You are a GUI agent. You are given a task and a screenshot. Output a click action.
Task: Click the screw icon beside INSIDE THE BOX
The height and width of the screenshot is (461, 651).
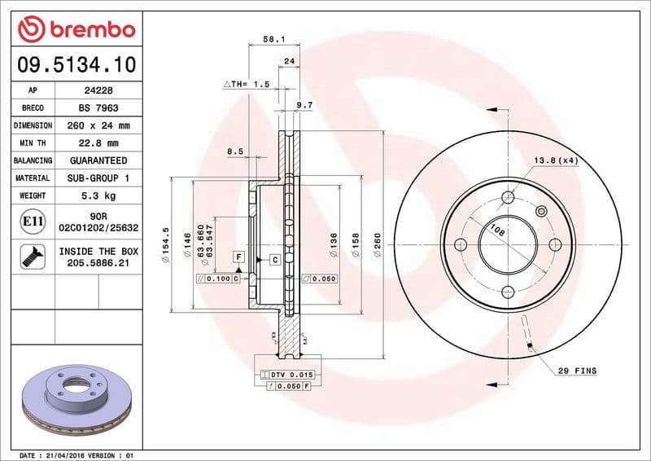coord(32,257)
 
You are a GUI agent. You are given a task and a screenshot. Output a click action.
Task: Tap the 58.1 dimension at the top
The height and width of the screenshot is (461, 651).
coord(273,37)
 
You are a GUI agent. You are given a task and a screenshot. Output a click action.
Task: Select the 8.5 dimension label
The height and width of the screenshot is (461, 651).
coord(235,151)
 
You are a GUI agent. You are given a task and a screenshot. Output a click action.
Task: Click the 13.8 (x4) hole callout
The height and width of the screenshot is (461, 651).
coord(556,160)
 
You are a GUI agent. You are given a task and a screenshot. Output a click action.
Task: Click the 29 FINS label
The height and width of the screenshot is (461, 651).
coord(576,371)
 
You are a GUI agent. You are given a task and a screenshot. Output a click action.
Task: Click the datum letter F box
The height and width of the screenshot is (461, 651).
coord(238,257)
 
